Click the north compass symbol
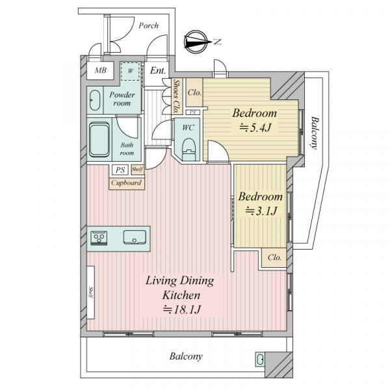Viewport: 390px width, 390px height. (x=196, y=42)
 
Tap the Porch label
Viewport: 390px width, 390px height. (x=148, y=25)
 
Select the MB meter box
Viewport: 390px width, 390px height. (x=100, y=70)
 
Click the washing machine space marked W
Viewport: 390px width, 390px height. (x=131, y=71)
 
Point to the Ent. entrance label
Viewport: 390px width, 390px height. (x=158, y=70)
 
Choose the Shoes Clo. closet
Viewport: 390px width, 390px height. (x=177, y=96)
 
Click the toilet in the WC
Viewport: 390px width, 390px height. (x=189, y=149)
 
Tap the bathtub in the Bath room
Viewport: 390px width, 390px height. (x=99, y=139)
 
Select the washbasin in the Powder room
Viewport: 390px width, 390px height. (x=95, y=100)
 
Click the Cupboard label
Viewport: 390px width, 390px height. (x=126, y=183)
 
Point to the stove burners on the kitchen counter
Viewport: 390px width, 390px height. (x=99, y=238)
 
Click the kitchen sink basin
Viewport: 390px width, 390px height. (x=135, y=237)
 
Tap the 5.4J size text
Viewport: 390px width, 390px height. (x=255, y=128)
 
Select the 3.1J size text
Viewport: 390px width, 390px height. (x=261, y=211)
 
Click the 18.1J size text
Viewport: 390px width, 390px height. (x=181, y=309)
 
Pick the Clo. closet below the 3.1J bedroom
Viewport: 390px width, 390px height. (x=274, y=258)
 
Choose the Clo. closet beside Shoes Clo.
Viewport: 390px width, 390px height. (x=194, y=92)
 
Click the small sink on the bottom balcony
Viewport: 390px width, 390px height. (x=260, y=359)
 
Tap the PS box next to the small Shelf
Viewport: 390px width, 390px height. (x=120, y=170)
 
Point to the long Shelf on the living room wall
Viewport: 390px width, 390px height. (x=90, y=292)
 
